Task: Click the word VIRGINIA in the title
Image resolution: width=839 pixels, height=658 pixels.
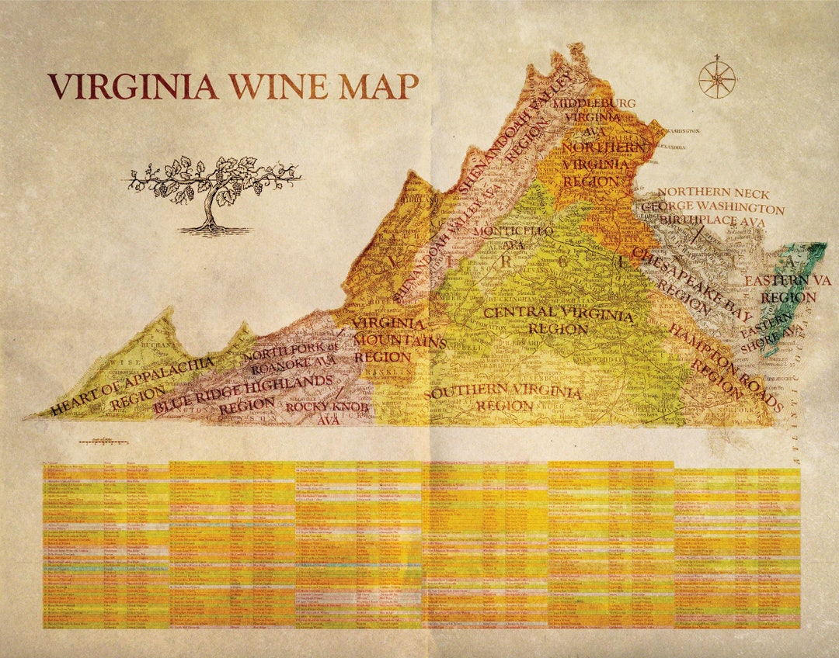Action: pyautogui.click(x=133, y=86)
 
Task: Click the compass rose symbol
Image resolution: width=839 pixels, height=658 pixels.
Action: pyautogui.click(x=716, y=78)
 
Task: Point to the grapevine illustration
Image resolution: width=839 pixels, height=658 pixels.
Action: pyautogui.click(x=214, y=194)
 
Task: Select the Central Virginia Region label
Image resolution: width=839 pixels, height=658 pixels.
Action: pyautogui.click(x=558, y=321)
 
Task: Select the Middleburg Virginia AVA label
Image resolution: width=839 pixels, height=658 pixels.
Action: pyautogui.click(x=600, y=117)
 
